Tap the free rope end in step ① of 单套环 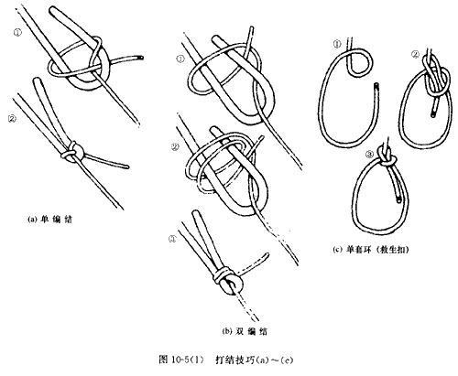(377, 88)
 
